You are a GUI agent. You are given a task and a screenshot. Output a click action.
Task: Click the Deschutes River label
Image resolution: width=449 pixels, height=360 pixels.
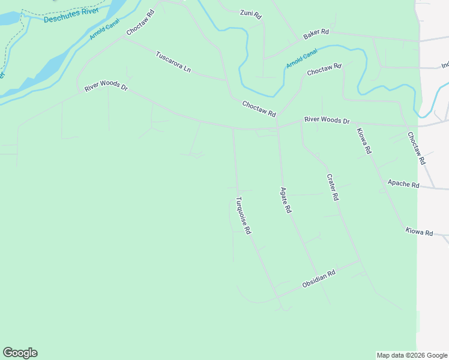[x=71, y=16]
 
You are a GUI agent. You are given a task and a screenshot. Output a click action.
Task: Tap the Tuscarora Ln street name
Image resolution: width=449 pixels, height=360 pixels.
[x=173, y=62]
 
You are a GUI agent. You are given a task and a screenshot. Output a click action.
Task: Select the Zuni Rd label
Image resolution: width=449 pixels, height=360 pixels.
[x=250, y=13]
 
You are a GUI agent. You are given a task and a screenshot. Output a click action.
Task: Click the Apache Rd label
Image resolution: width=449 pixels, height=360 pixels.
[x=403, y=184]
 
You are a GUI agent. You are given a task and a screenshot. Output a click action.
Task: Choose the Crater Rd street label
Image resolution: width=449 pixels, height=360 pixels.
[x=333, y=187]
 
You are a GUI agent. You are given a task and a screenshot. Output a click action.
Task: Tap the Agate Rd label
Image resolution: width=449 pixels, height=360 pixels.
[x=286, y=200]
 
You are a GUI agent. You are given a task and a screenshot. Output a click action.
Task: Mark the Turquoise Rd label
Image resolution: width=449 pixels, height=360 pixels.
[x=243, y=215]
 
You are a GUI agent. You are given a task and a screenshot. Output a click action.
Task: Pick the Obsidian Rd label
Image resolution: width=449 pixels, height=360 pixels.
[x=318, y=280]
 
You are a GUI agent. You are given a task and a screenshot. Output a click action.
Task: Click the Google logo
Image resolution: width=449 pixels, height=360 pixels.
[x=20, y=353]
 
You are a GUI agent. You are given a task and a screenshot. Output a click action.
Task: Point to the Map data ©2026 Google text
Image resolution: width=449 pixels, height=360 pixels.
[x=412, y=355]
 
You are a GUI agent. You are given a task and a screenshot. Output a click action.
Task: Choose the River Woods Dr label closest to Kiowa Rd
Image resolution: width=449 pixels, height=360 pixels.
[x=327, y=120]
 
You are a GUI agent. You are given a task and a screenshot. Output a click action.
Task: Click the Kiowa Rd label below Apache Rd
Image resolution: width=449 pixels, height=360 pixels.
[x=419, y=232]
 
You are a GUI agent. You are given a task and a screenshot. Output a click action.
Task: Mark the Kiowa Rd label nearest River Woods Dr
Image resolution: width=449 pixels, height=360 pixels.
[x=364, y=142]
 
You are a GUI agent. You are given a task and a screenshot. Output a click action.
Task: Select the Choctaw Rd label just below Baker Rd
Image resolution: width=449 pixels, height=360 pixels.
[x=324, y=70]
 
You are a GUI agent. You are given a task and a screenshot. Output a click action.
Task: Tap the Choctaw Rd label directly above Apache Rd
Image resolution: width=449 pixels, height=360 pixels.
[x=416, y=148]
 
